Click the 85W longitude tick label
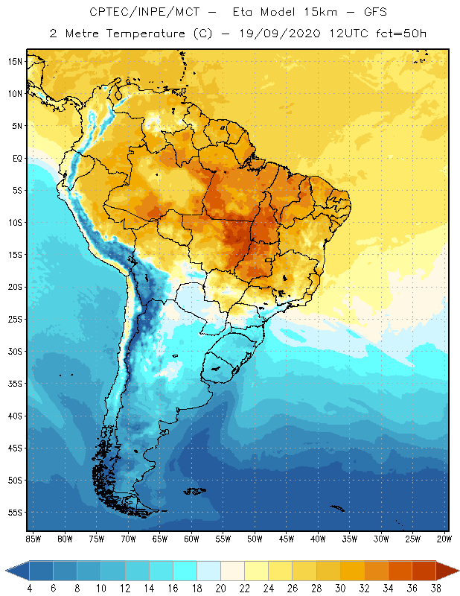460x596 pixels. (x=33, y=538)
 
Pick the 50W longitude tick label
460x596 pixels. (x=255, y=538)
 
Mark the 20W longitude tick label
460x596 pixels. (x=444, y=538)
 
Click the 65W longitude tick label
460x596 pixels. (x=159, y=538)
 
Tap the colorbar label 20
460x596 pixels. (x=220, y=589)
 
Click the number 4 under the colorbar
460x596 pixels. (x=30, y=589)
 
